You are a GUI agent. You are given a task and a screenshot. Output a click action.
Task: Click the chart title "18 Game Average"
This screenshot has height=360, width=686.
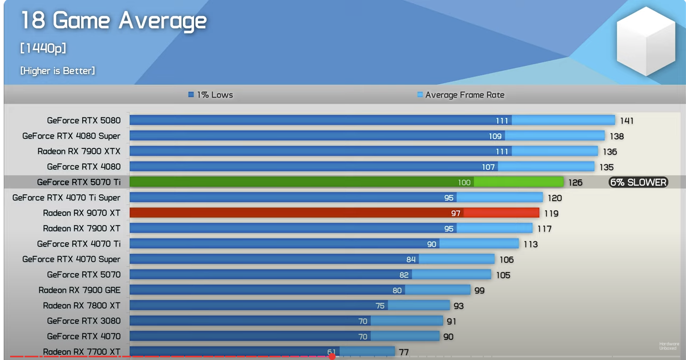[x=113, y=21]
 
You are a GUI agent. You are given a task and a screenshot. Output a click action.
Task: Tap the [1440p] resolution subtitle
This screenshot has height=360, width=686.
[x=43, y=48]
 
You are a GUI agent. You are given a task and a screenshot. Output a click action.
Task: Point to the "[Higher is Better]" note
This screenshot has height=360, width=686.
[x=58, y=70]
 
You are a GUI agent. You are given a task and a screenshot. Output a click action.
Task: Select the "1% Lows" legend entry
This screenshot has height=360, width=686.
[x=211, y=95]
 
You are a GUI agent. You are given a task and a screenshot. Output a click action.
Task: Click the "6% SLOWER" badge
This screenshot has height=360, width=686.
[x=638, y=182]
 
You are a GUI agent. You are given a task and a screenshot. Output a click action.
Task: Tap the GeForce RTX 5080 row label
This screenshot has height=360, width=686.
[x=84, y=121]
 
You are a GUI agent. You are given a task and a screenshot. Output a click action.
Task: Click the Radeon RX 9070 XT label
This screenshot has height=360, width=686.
[x=82, y=213]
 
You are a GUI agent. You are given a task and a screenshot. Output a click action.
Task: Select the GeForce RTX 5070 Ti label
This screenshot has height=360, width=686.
[x=79, y=182]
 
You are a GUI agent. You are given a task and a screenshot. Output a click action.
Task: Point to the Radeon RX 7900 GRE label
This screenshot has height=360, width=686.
[x=79, y=290]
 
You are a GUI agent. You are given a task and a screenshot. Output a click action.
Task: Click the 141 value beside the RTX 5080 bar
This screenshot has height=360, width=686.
[x=627, y=121]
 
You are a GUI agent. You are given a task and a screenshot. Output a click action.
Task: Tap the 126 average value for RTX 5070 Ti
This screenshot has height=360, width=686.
[x=576, y=182]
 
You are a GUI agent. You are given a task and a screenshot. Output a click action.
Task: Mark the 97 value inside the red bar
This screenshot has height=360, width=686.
[x=456, y=213]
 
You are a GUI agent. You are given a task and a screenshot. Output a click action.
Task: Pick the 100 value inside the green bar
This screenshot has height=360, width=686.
[x=464, y=182]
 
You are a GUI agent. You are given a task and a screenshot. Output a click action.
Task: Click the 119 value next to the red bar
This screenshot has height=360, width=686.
[x=551, y=213]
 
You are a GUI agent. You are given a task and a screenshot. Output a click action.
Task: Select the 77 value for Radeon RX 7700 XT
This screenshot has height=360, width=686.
[x=404, y=352]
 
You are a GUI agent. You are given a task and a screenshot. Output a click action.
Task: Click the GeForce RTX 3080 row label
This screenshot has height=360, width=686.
[x=84, y=321]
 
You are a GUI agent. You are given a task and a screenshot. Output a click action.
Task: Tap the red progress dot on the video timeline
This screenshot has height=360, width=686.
[x=332, y=356]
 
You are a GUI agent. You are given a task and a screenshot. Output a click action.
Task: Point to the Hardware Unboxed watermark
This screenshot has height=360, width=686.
[x=669, y=346]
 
